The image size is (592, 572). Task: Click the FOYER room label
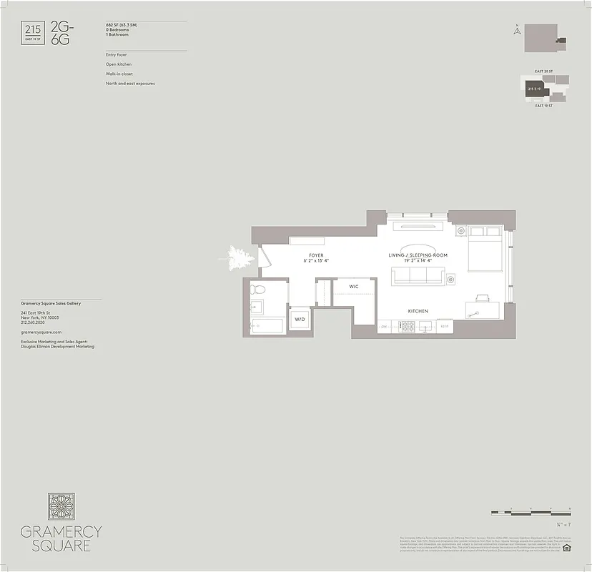coord(316,255)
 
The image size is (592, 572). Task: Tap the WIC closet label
coord(353,286)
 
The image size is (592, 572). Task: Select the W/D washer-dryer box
coord(300,319)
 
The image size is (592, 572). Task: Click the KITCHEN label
coord(418,311)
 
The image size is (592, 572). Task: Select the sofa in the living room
coord(418,276)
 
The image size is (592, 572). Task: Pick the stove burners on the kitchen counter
coord(409,326)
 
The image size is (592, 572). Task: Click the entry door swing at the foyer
coord(264,257)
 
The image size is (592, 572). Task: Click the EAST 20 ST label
coord(544,71)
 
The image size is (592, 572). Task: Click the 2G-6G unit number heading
coord(61,34)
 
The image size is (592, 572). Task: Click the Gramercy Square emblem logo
coord(61,506)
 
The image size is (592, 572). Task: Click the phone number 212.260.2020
coord(33,322)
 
